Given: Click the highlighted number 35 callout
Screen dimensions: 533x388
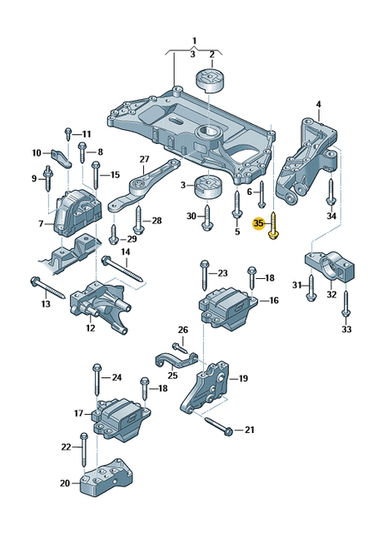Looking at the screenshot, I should point(258,223).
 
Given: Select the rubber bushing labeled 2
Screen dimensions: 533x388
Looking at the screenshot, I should point(211,84).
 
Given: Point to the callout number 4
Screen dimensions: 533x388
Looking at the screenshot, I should point(318,104).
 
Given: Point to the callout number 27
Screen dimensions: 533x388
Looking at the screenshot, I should point(144,160).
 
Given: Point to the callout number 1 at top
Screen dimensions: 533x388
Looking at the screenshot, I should point(194,40).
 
